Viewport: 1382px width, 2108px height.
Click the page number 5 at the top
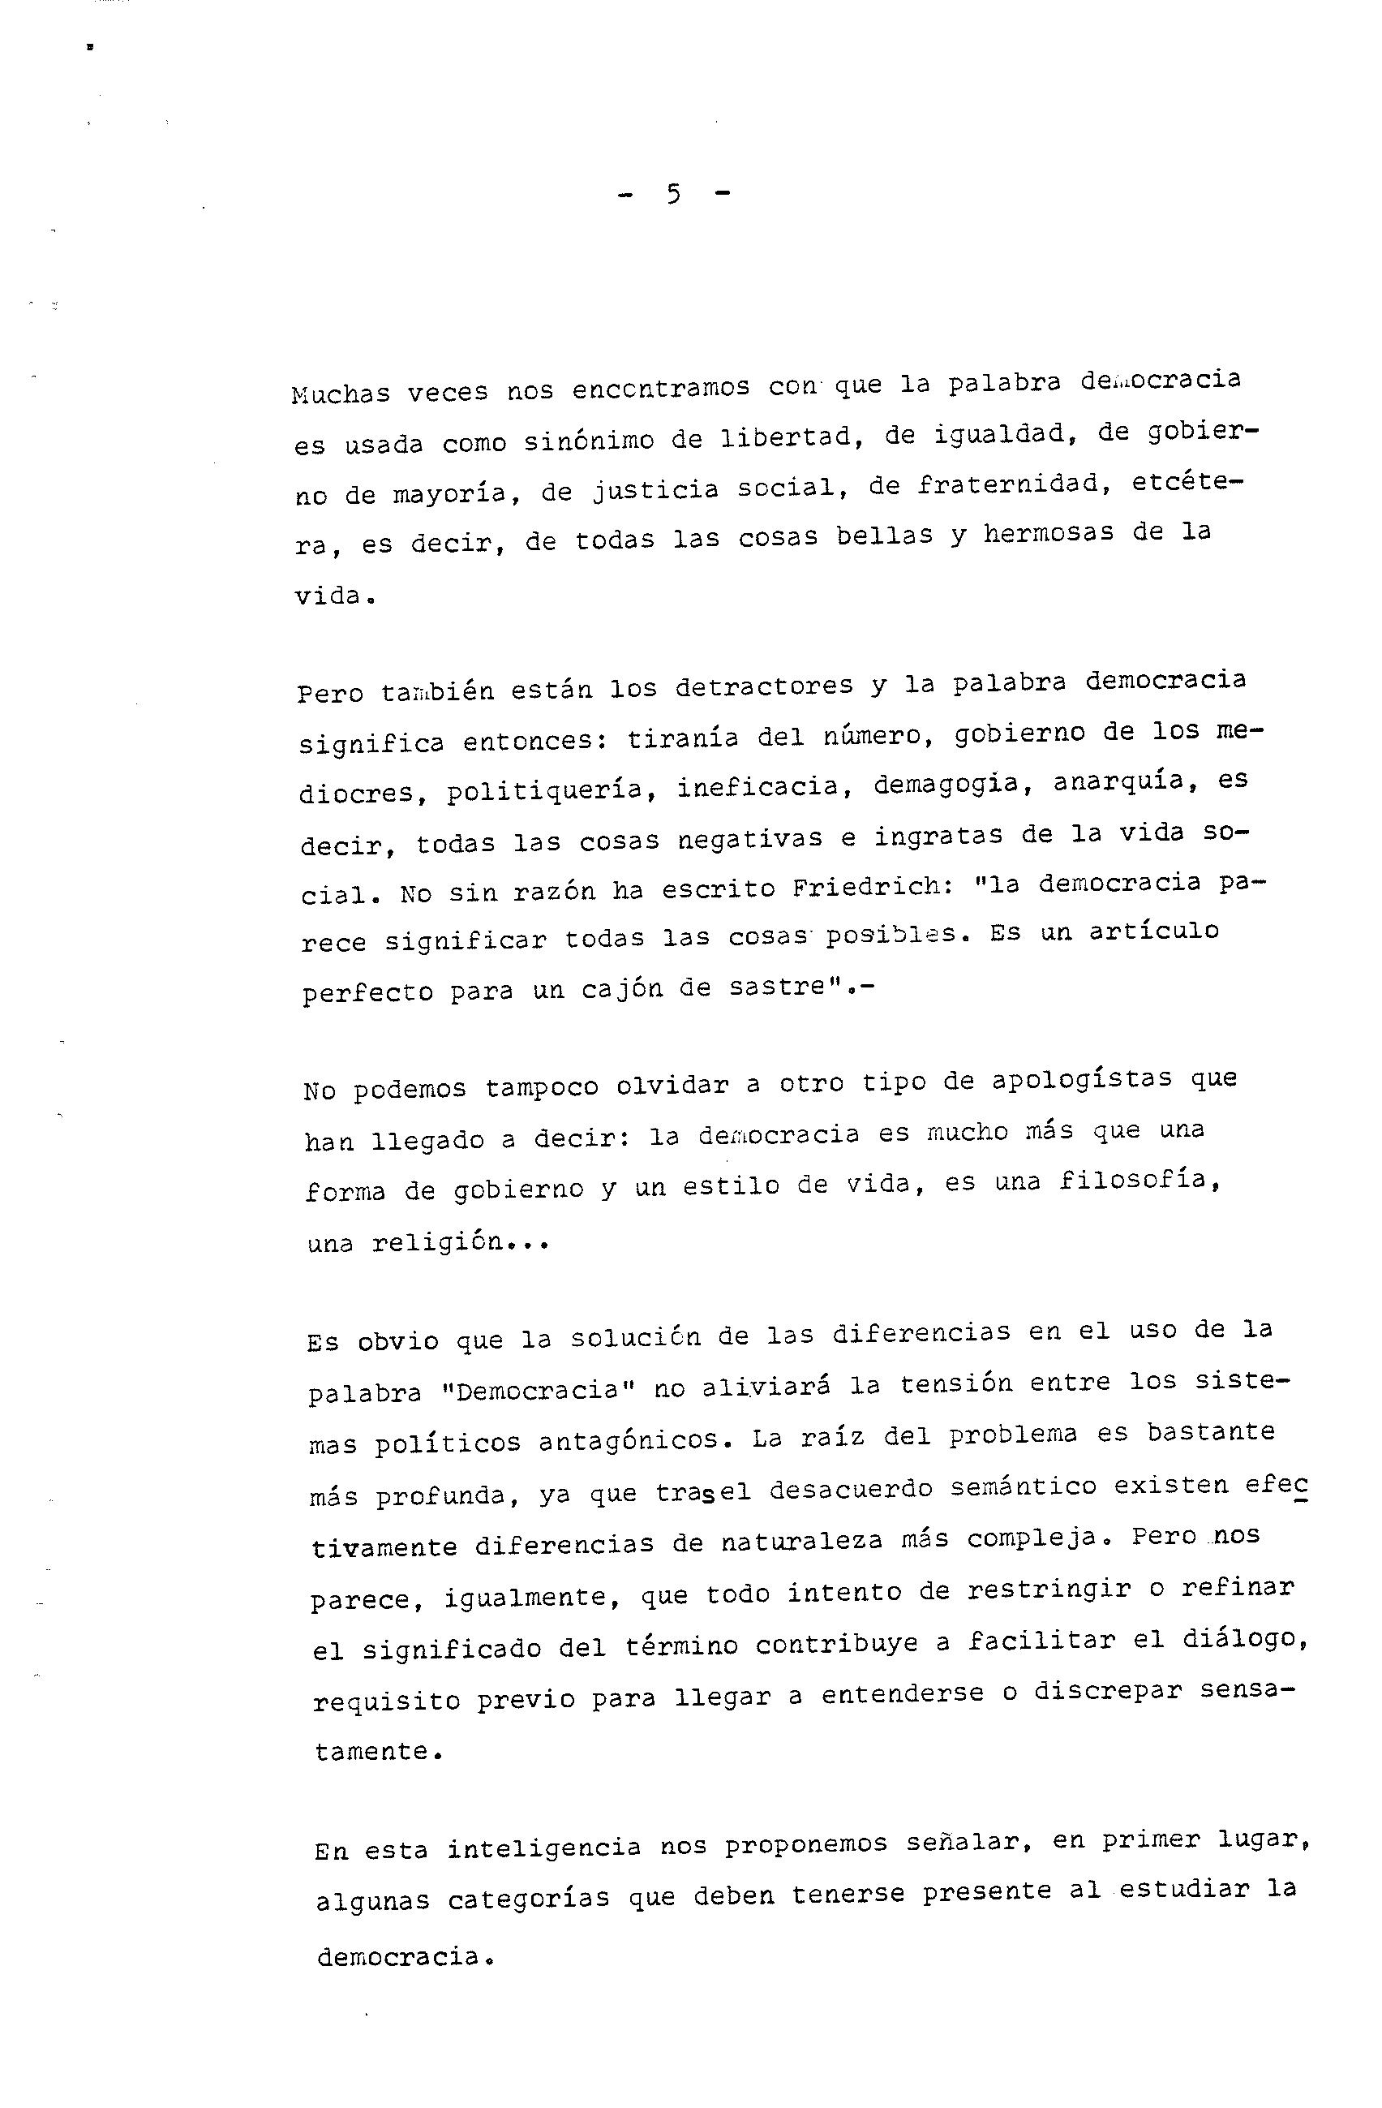click(x=674, y=194)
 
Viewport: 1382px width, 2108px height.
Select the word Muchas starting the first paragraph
click(x=340, y=393)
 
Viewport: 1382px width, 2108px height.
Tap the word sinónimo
click(x=588, y=441)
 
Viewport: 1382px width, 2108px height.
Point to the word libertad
click(x=783, y=437)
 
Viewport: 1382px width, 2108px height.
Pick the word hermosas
click(x=1047, y=534)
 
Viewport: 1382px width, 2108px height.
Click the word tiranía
click(x=682, y=738)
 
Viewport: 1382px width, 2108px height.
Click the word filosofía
click(x=1140, y=1181)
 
